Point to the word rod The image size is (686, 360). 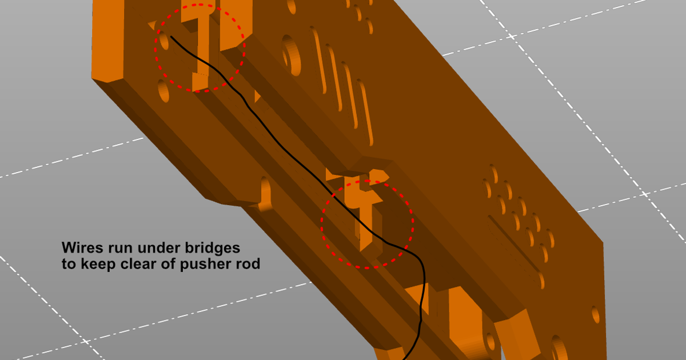point(248,264)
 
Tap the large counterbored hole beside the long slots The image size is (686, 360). point(291,55)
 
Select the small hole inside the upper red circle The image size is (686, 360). point(164,41)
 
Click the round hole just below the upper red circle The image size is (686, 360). point(163,91)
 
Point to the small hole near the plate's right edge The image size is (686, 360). point(595,314)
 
